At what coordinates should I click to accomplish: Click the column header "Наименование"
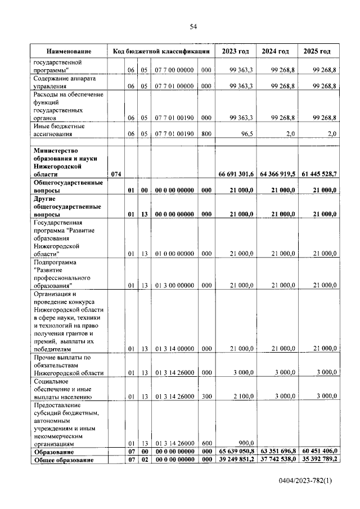click(69, 51)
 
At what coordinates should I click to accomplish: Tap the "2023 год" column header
click(235, 51)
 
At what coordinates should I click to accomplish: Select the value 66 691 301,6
click(235, 175)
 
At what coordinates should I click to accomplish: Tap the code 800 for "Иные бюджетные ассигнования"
click(206, 134)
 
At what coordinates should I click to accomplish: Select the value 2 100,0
click(242, 397)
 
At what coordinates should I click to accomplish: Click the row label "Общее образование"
click(63, 460)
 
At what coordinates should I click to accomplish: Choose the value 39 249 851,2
click(235, 460)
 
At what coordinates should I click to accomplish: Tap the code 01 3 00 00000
click(175, 285)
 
